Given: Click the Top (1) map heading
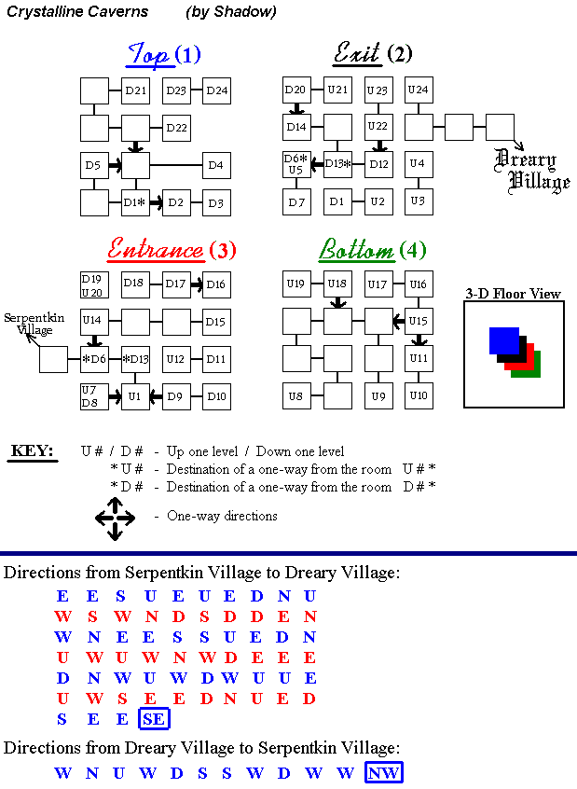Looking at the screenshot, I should tap(164, 55).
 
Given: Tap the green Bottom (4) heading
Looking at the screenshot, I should tap(373, 250).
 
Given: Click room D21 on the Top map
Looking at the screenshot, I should tap(136, 90).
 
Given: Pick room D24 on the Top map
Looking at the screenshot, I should tap(217, 90).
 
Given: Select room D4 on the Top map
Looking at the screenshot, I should tap(217, 166).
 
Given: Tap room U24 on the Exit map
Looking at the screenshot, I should tap(419, 90).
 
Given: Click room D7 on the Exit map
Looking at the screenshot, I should tap(296, 202).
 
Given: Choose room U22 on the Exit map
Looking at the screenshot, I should tap(378, 127).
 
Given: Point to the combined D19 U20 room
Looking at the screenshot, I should tap(93, 284).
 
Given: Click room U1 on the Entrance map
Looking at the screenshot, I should tap(136, 396).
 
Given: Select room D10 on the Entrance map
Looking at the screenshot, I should tap(216, 396).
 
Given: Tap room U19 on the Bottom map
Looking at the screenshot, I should tap(296, 284).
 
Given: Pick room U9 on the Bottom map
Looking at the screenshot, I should tap(378, 396).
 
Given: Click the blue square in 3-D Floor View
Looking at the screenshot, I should tap(504, 340).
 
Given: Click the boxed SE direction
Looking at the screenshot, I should tap(154, 718).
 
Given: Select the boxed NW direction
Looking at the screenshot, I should tap(384, 772).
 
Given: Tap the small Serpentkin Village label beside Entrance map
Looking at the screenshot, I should tap(34, 324).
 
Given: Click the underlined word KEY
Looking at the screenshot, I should tap(32, 452).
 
